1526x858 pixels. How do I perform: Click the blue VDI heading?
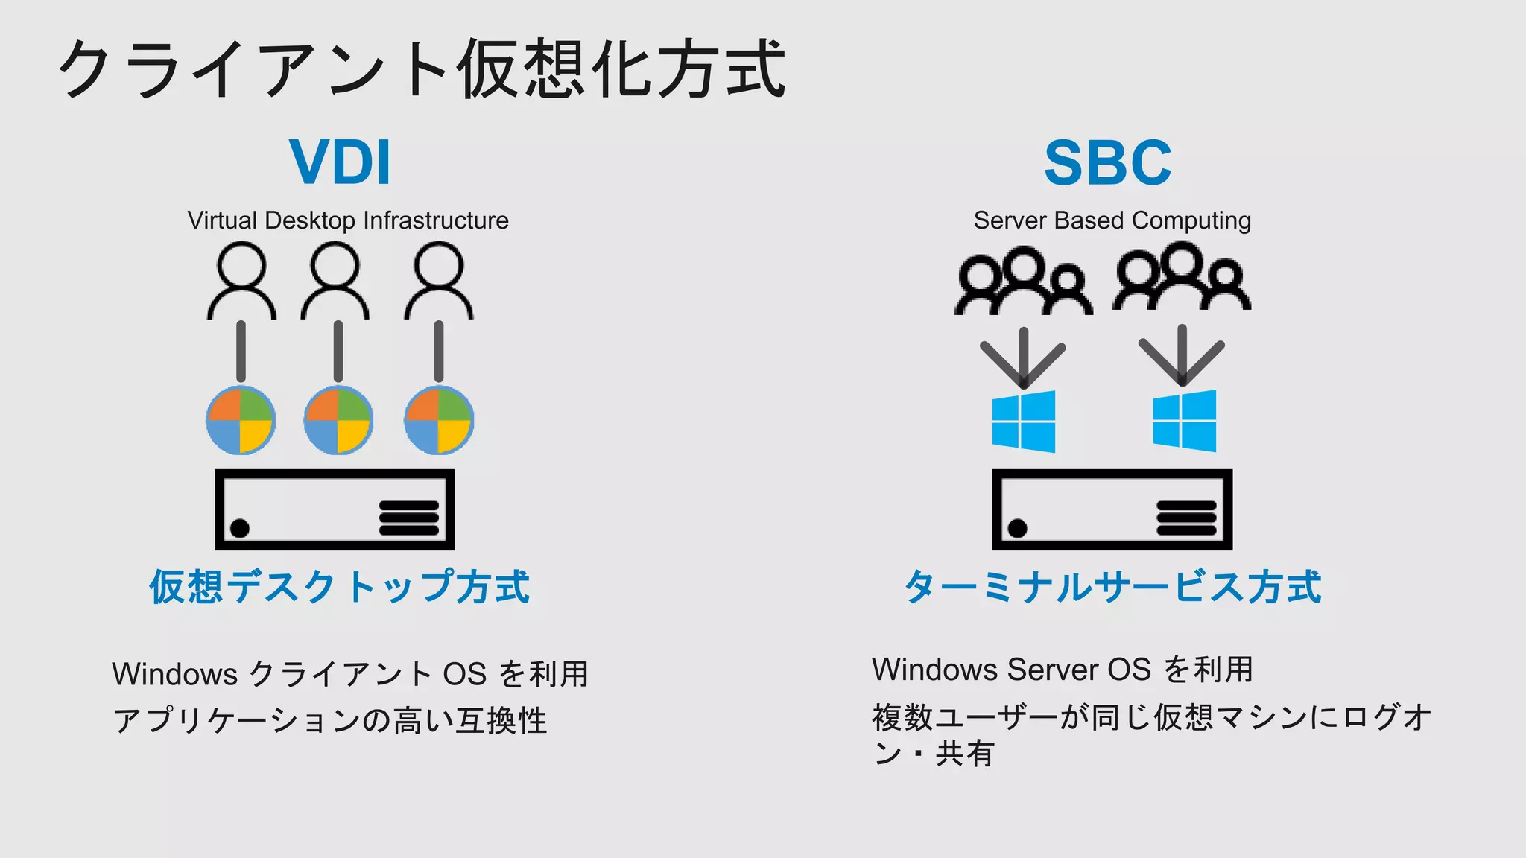pyautogui.click(x=340, y=162)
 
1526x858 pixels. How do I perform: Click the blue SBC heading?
pyautogui.click(x=1108, y=162)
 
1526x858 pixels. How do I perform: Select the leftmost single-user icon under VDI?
pyautogui.click(x=241, y=282)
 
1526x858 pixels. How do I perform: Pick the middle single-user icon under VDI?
pyautogui.click(x=335, y=282)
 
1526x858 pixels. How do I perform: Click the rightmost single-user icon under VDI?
pyautogui.click(x=439, y=282)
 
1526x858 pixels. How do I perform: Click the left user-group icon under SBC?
pyautogui.click(x=1024, y=282)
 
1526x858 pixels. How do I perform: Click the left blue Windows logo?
pyautogui.click(x=1024, y=422)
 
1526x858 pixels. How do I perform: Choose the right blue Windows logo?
pyautogui.click(x=1185, y=421)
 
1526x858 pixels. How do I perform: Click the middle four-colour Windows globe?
pyautogui.click(x=338, y=421)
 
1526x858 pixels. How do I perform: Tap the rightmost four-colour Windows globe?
pyautogui.click(x=439, y=421)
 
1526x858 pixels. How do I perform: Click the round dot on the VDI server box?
pyautogui.click(x=240, y=528)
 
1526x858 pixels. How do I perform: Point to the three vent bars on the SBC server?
pyautogui.click(x=1186, y=518)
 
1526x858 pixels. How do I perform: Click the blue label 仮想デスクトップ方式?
pyautogui.click(x=339, y=587)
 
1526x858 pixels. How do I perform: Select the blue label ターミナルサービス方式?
pyautogui.click(x=1112, y=587)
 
